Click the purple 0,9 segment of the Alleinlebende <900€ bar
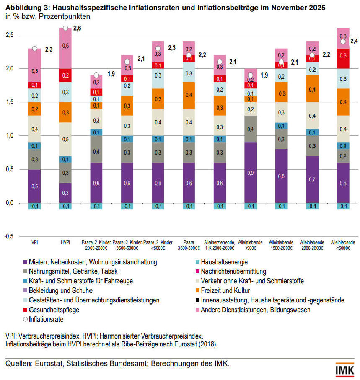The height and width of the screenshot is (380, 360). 251,173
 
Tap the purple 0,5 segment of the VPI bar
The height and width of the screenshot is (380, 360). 35,186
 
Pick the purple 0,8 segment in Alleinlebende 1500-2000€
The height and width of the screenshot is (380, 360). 281,176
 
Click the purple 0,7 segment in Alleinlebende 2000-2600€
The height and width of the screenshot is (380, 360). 312,179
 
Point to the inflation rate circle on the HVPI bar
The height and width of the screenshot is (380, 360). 65,28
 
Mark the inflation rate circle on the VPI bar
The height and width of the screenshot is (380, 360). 35,48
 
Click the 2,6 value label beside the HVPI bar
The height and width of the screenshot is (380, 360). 77,28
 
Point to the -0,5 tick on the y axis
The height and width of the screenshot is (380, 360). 9,236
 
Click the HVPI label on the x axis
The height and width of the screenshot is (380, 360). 65,243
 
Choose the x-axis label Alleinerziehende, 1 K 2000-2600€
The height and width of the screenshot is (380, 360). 220,246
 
